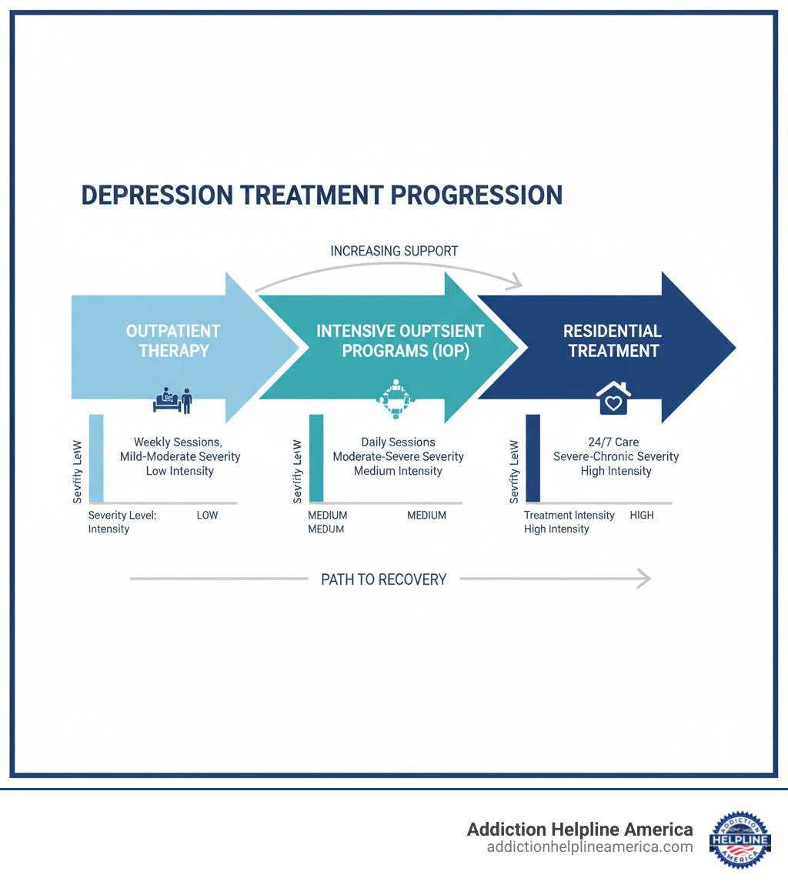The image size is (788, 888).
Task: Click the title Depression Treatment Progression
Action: tap(322, 195)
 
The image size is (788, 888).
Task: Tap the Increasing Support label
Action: tap(394, 251)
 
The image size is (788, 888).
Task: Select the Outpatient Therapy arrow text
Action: tap(173, 341)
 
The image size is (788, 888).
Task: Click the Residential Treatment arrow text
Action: tap(613, 341)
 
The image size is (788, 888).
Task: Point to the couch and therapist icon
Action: tap(173, 400)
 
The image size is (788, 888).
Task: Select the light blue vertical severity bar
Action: tap(96, 459)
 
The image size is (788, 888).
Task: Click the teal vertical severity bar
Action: tap(316, 459)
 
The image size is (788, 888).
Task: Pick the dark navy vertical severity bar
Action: tap(533, 459)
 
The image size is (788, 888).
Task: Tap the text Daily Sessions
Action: tap(398, 442)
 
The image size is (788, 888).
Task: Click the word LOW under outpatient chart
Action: tap(207, 515)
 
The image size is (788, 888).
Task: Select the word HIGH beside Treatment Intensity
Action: tap(642, 515)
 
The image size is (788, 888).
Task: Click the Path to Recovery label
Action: tap(383, 579)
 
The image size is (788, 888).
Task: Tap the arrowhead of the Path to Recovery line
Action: tap(645, 579)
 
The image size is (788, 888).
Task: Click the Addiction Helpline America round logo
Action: tap(740, 839)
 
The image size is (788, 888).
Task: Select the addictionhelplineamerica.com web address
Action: tap(589, 847)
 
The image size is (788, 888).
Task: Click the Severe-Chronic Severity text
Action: tap(616, 456)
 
